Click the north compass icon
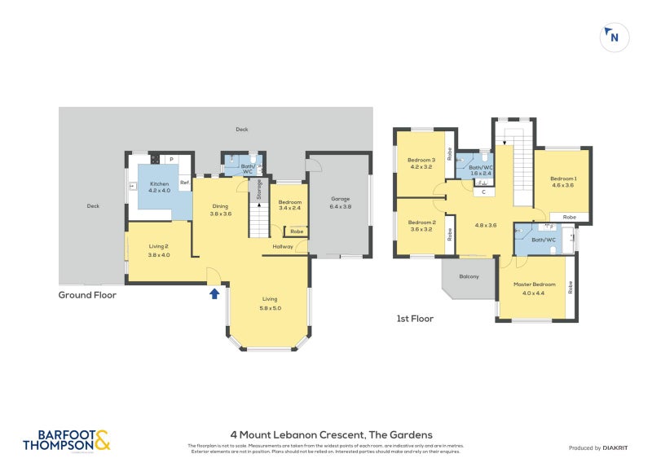coord(612,37)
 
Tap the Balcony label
coord(469,276)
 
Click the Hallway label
coord(283,247)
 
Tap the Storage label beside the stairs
coord(260,189)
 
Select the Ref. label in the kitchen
coord(184,183)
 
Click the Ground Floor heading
coord(87,295)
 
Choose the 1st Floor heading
coord(414,319)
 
